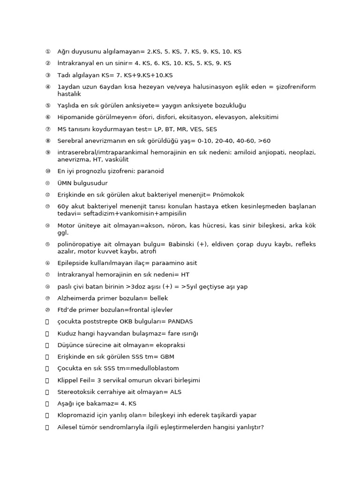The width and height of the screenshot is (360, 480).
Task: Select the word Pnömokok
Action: (228, 195)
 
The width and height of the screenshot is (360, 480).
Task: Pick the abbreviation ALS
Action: (176, 392)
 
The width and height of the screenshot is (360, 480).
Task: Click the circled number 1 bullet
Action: (47, 52)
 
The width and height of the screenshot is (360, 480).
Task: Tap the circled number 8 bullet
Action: (47, 141)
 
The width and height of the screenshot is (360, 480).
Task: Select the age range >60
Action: (264, 141)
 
